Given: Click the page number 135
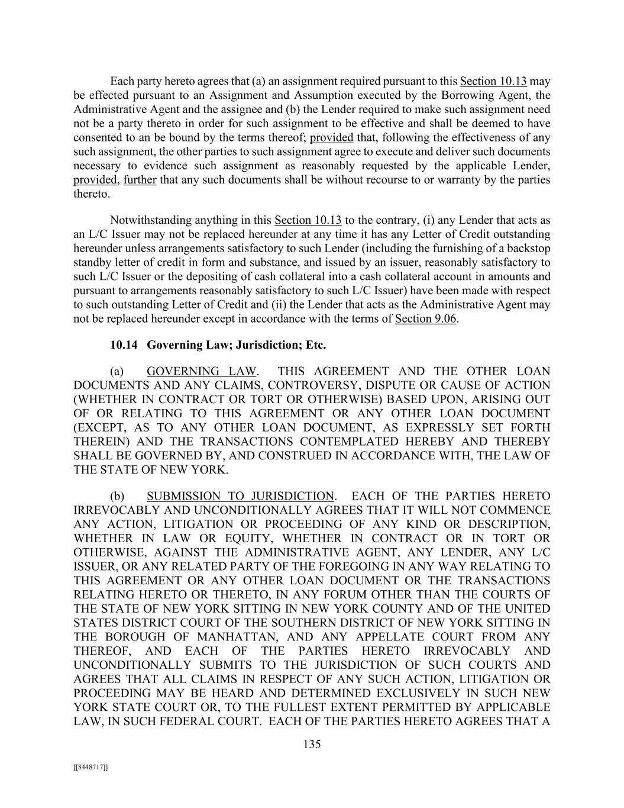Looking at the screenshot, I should click(312, 744).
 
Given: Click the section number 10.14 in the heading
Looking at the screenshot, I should click(122, 345).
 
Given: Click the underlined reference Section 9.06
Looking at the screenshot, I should click(426, 319).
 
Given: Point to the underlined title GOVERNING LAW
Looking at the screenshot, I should click(201, 371).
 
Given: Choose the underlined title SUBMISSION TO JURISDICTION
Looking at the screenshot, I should click(240, 496).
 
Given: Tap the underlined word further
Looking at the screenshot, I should click(140, 180).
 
